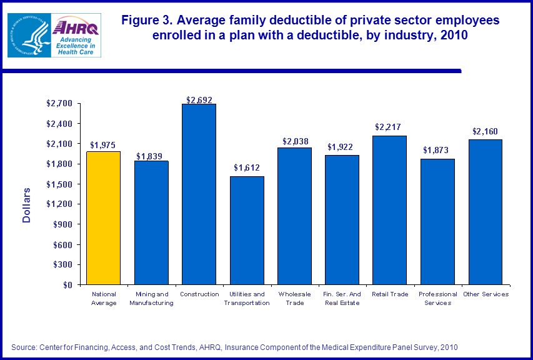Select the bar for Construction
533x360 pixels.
tap(199, 194)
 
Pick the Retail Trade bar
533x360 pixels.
tap(389, 210)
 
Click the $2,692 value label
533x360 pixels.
tap(199, 99)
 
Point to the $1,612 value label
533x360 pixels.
tap(247, 167)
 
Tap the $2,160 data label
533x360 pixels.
tap(485, 131)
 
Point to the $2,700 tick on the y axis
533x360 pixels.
tap(59, 104)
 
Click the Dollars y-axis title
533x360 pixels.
tap(27, 204)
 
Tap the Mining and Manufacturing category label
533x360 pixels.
tap(151, 298)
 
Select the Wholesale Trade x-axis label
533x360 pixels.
tap(294, 298)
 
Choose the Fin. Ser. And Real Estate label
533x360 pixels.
tap(342, 298)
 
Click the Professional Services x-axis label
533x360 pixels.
tap(437, 298)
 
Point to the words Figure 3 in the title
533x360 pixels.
tap(147, 21)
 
